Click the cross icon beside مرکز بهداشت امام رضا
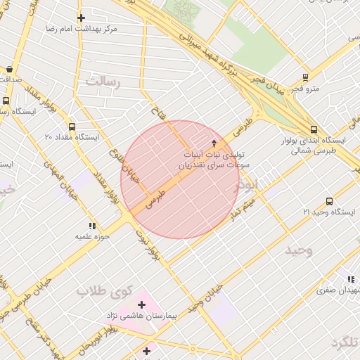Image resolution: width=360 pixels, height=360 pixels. [x=81, y=18]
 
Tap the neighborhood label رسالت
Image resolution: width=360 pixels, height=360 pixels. [x=103, y=82]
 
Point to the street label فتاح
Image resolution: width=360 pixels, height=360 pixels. [x=156, y=110]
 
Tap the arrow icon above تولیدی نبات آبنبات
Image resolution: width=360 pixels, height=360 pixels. [x=214, y=143]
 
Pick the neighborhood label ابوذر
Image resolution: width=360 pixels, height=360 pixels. [x=251, y=184]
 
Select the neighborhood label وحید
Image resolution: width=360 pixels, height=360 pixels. [x=298, y=250]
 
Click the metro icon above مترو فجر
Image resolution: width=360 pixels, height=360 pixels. [x=305, y=77]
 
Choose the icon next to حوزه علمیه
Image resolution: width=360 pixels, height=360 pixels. [x=92, y=226]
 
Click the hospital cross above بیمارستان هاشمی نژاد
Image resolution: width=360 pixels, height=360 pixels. [x=142, y=304]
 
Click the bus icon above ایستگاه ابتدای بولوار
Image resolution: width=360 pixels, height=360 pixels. [x=314, y=129]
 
